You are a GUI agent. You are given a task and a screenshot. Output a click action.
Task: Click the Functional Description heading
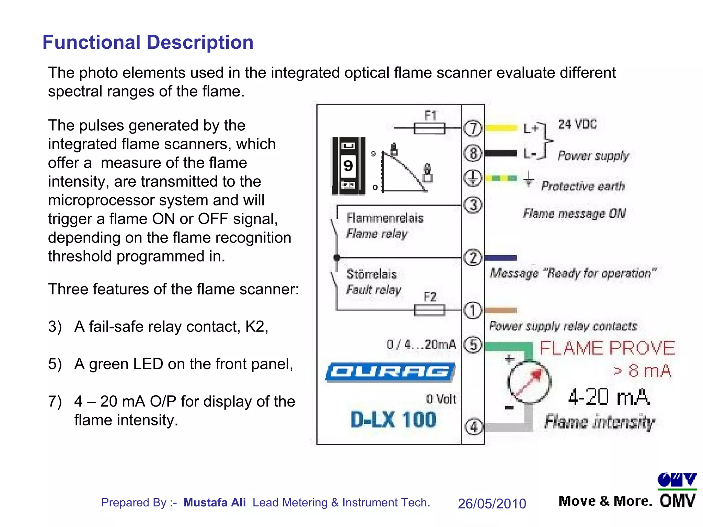[x=148, y=43]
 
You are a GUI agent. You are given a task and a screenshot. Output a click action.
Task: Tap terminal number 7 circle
[x=473, y=128]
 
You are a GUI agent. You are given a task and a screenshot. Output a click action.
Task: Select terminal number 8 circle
[x=473, y=153]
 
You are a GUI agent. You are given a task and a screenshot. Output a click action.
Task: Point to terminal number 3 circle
[x=473, y=205]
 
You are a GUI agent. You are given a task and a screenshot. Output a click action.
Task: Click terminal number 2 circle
[x=473, y=258]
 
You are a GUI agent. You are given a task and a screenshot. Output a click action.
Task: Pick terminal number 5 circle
[x=473, y=344]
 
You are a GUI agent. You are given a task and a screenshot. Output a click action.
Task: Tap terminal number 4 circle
[x=474, y=427]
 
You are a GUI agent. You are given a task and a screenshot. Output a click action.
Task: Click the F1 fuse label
[x=430, y=116]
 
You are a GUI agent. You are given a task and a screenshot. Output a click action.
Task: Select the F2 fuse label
[x=430, y=296]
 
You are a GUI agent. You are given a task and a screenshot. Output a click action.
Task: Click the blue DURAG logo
[x=390, y=372]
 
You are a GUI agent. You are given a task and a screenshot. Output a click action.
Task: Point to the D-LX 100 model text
[x=393, y=420]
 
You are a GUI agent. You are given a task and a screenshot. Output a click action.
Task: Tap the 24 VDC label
[x=577, y=124]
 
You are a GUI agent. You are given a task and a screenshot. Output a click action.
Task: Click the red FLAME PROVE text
[x=607, y=348]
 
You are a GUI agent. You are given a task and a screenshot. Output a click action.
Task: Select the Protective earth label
[x=583, y=186]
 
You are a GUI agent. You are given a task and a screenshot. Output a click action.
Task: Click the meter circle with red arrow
[x=529, y=382]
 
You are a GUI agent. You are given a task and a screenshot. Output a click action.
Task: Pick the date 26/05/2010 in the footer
[x=492, y=503]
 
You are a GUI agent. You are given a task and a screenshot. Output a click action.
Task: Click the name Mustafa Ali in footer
[x=215, y=502]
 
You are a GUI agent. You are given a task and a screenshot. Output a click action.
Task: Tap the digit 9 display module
[x=348, y=166]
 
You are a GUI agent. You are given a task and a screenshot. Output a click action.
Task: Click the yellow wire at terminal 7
[x=502, y=128]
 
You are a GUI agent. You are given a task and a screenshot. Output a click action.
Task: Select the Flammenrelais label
[x=385, y=218]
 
